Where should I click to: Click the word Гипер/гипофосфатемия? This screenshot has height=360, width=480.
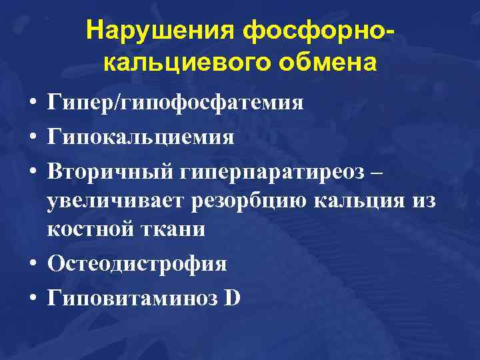coord(175,104)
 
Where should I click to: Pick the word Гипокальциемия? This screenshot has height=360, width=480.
coord(141,137)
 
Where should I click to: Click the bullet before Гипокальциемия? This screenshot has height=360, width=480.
coord(31,137)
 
